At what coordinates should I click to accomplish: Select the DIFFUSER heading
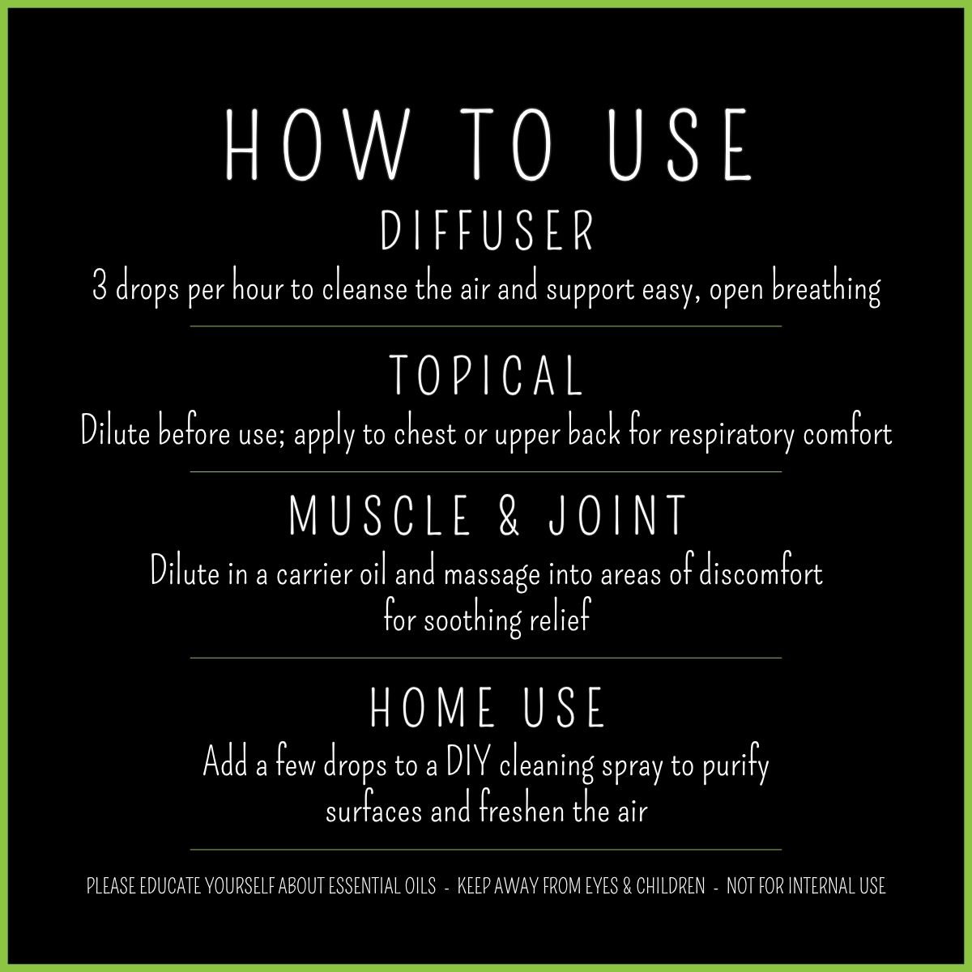[488, 232]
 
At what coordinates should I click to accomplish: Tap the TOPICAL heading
[486, 376]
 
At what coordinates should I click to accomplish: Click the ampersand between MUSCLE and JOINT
[509, 516]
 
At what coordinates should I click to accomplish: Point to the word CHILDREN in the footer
[671, 886]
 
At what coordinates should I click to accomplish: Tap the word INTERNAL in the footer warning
[816, 886]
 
